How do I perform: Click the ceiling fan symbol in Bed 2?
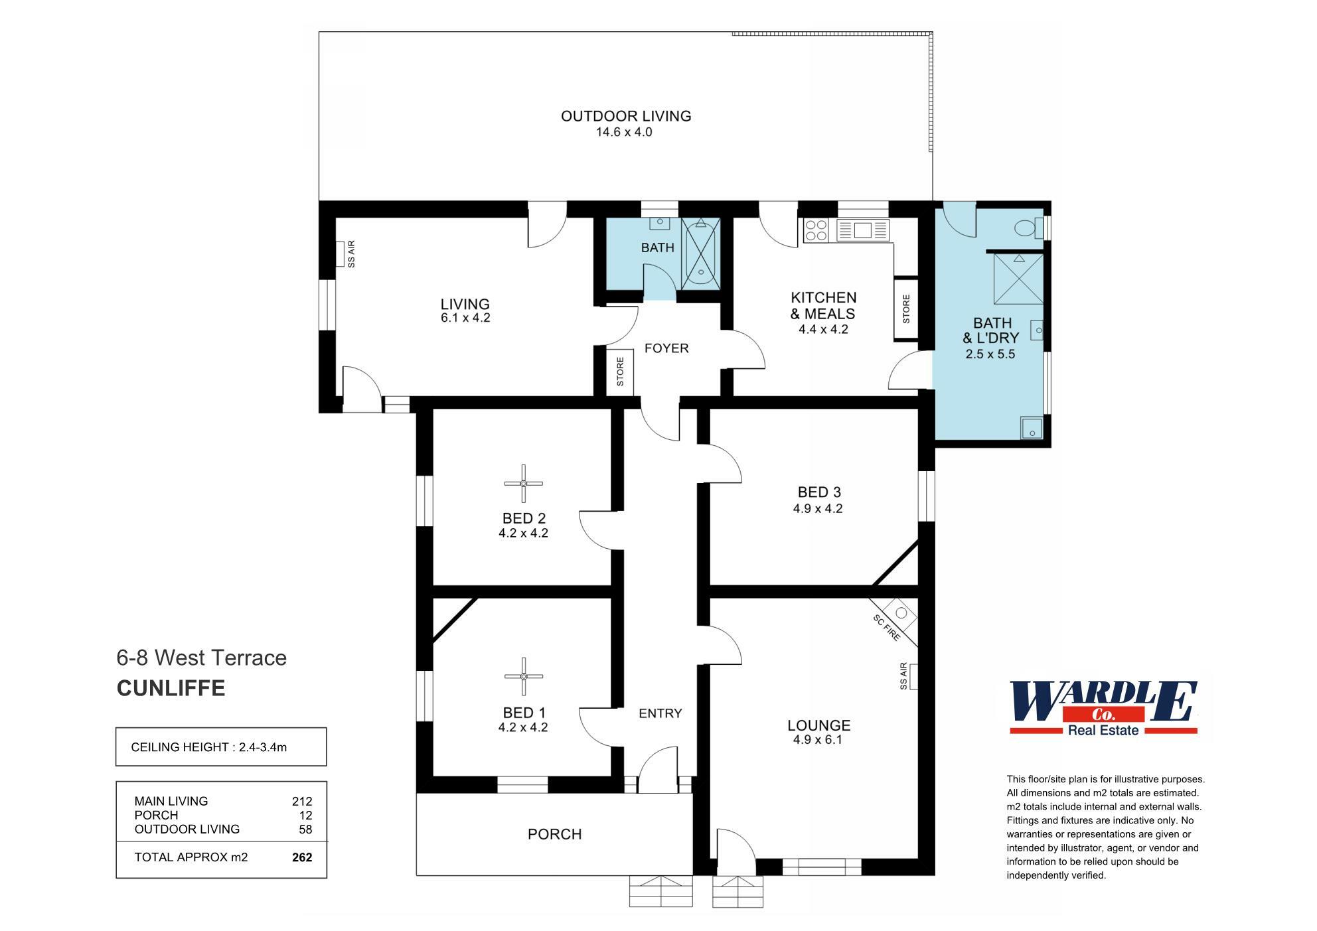523,483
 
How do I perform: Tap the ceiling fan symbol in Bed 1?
523,676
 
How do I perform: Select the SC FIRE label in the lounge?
887,628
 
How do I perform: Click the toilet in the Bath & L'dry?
1027,229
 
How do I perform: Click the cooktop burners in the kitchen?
816,230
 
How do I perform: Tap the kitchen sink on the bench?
863,230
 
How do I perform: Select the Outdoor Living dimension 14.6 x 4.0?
623,132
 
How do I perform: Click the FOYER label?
666,348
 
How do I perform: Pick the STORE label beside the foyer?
620,372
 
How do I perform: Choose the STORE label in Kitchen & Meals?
906,309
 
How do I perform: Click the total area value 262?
302,857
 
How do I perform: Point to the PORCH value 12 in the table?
305,815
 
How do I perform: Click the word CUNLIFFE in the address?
171,688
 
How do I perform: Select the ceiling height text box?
221,747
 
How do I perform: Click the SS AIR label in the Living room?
351,254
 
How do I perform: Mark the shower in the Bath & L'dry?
1018,279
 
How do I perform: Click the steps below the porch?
660,891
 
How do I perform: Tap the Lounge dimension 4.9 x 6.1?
818,740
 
